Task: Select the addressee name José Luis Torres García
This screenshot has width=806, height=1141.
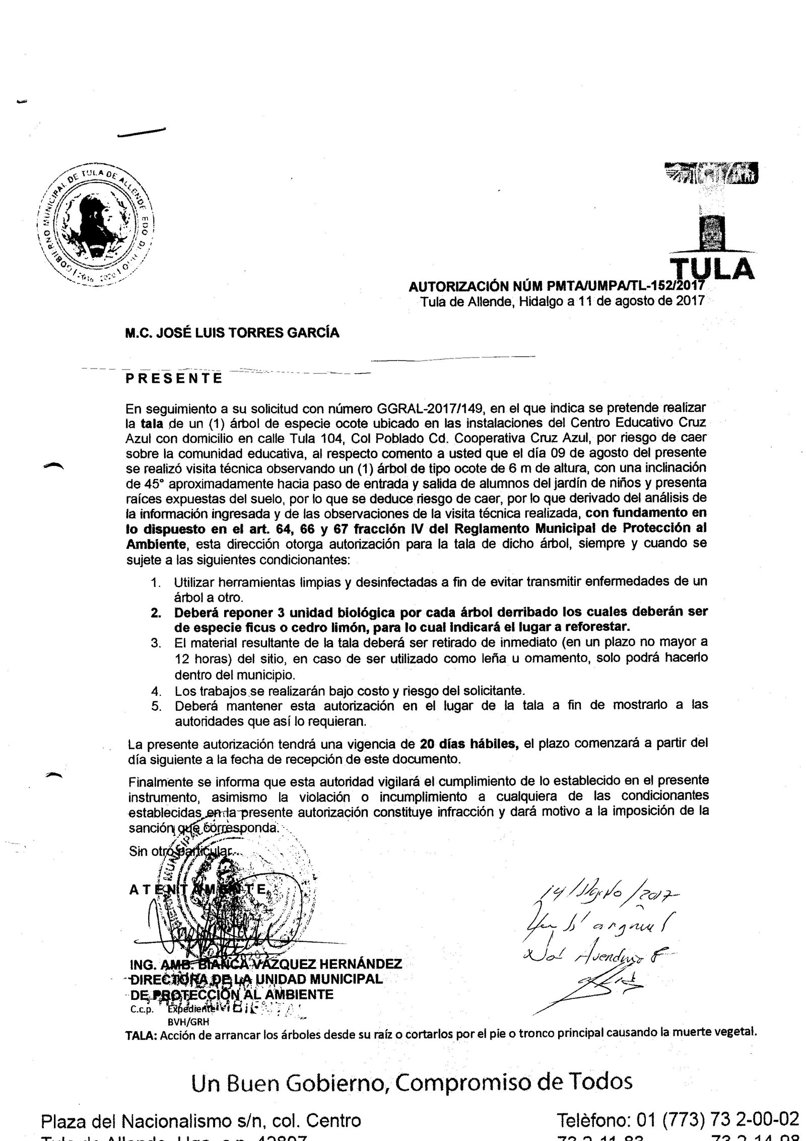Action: pos(233,333)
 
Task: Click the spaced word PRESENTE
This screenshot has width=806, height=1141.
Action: pos(174,378)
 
